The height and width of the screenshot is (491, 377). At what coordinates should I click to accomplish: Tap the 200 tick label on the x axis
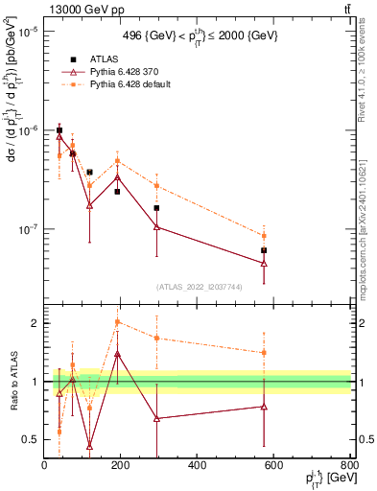(x=121, y=466)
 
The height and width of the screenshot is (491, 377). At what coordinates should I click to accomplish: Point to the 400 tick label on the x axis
(x=197, y=466)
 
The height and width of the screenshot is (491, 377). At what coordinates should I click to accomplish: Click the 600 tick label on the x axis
(x=273, y=466)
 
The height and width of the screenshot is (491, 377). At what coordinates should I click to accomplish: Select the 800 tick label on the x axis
(x=347, y=466)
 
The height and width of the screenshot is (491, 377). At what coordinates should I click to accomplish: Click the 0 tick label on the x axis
(x=44, y=466)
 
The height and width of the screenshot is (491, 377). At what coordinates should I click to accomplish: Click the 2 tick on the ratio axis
(x=35, y=323)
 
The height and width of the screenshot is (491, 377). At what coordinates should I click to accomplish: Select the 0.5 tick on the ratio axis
(x=32, y=439)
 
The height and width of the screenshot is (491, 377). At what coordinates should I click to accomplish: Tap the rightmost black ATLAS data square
(x=264, y=250)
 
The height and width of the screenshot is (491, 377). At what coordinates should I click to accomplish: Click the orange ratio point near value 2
(x=117, y=322)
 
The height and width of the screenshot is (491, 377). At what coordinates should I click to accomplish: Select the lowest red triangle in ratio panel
(x=89, y=446)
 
